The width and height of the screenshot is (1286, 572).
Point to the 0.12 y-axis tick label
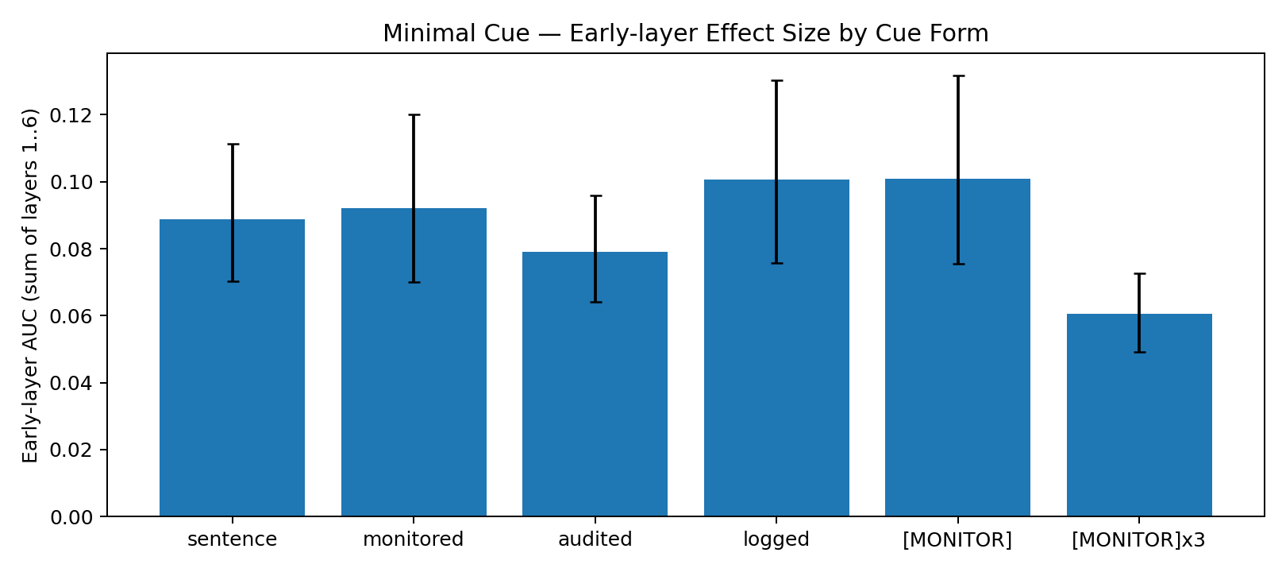71,116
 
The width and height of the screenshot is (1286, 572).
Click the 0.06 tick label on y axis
71,317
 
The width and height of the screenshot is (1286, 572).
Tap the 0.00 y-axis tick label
71,518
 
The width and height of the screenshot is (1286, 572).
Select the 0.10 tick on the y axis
71,183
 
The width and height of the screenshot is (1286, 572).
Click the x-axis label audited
595,540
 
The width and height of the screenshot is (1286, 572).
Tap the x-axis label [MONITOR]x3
1138,540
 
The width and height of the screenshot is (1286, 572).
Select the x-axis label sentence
232,540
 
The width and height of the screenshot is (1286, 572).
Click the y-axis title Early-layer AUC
30,286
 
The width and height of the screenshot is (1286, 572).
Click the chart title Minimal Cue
685,33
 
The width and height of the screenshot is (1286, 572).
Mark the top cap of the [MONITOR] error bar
957,76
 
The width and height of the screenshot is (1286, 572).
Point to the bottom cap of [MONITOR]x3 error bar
1139,352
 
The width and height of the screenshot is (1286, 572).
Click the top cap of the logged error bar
776,81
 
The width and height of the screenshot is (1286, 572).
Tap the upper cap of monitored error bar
414,115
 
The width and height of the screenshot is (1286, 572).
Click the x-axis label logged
776,540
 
